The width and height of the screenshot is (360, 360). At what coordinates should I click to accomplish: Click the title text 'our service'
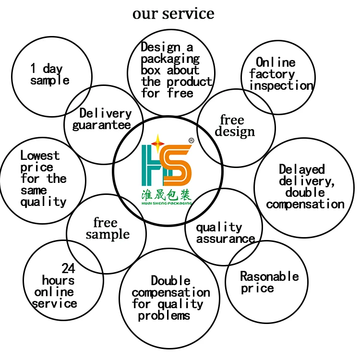[173, 13]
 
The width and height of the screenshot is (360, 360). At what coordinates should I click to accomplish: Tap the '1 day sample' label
[49, 75]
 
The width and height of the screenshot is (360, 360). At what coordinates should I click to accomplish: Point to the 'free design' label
[234, 126]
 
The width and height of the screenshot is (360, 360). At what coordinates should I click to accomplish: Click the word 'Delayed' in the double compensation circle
[302, 169]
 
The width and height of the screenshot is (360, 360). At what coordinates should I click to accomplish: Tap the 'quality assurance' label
[225, 233]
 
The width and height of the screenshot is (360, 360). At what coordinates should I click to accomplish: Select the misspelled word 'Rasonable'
[269, 276]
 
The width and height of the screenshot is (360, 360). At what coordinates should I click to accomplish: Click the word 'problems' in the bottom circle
[164, 316]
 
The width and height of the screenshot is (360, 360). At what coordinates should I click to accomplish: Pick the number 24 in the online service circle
[68, 268]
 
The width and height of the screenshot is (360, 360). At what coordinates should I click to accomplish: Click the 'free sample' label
[107, 229]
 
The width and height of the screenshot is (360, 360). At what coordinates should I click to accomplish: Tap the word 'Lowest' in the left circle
[40, 156]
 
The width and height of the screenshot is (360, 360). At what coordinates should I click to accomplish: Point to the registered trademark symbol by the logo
[191, 141]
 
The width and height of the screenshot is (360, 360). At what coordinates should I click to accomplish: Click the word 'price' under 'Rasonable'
[257, 288]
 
